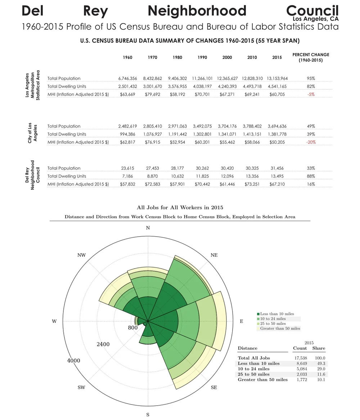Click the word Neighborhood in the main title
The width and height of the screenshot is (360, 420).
197,11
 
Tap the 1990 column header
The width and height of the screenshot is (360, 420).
202,58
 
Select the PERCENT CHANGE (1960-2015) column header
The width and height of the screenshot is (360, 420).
311,58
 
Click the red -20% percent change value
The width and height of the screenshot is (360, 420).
311,142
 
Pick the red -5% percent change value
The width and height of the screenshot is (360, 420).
311,94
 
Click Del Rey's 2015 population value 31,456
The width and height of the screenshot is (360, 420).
277,168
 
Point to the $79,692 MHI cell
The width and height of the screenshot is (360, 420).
152,94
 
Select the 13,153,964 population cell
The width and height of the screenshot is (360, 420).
277,78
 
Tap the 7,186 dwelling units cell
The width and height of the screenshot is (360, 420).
127,176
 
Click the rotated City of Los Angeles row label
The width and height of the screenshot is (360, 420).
32,134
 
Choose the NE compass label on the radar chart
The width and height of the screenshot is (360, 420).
214,255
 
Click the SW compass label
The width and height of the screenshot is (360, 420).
81,387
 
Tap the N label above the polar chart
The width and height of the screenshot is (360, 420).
148,228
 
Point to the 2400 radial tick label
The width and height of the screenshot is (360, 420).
103,344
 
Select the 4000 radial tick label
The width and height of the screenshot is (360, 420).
74,361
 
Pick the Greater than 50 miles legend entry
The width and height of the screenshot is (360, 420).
279,328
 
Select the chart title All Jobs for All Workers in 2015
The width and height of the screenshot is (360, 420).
180,207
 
